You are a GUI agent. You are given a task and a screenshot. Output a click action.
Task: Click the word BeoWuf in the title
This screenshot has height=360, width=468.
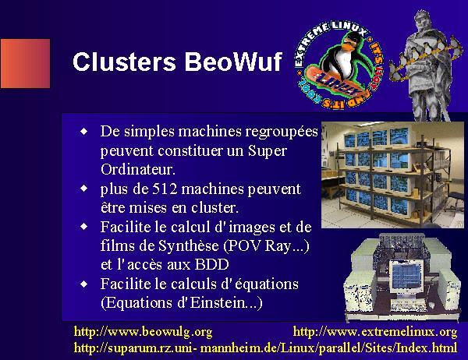coord(233,62)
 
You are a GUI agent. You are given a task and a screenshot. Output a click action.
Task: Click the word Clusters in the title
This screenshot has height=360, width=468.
coord(124,62)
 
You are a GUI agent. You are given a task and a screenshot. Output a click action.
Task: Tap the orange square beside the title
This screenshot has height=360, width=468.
coord(26,63)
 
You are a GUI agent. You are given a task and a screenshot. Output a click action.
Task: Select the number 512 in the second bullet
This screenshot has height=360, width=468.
coord(165,189)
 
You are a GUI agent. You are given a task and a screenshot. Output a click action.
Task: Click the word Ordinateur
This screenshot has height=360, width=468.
coord(137,169)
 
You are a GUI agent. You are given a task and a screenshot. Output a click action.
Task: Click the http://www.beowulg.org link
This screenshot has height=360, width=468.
coord(143,332)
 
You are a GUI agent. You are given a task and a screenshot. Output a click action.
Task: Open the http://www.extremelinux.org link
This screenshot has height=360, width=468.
coord(375,332)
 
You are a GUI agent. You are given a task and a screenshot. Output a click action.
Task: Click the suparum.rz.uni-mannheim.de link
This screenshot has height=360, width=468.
coord(265,348)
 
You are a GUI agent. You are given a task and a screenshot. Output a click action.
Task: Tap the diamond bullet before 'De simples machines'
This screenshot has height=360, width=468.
coord(84,131)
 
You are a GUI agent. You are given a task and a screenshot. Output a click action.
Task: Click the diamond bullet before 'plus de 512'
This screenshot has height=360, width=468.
coord(84,189)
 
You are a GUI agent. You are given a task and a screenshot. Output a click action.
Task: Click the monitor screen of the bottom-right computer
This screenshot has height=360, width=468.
coord(406,276)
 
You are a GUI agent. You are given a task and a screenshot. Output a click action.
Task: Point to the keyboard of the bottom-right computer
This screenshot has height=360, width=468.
coord(409,305)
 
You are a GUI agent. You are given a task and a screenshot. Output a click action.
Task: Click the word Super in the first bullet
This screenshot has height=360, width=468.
coord(267,151)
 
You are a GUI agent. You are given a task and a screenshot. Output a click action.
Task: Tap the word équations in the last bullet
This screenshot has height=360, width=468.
coord(267,284)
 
